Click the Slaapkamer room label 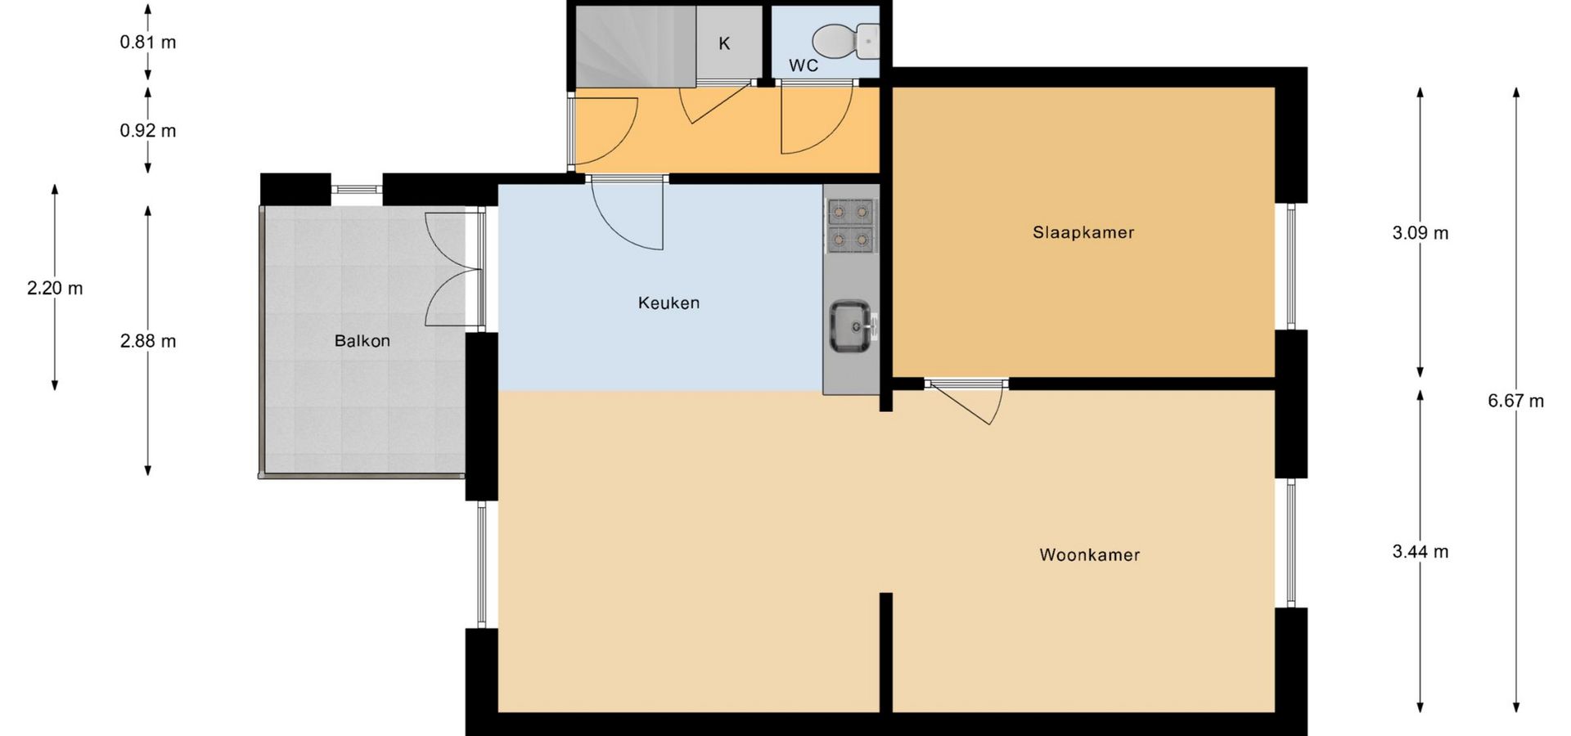coord(1083,232)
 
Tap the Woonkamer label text coord(1090,554)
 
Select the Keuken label coord(668,303)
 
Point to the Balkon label coord(362,341)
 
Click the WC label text coord(804,65)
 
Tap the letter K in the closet coord(724,43)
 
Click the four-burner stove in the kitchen coord(851,226)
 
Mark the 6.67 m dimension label coord(1516,401)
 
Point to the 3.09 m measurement coord(1420,233)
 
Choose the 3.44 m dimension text coord(1420,552)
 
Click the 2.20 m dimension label coord(55,288)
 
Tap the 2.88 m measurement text coord(148,341)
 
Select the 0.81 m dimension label coord(148,42)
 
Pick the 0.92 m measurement coord(148,131)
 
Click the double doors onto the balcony coord(452,270)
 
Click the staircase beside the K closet coord(635,46)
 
